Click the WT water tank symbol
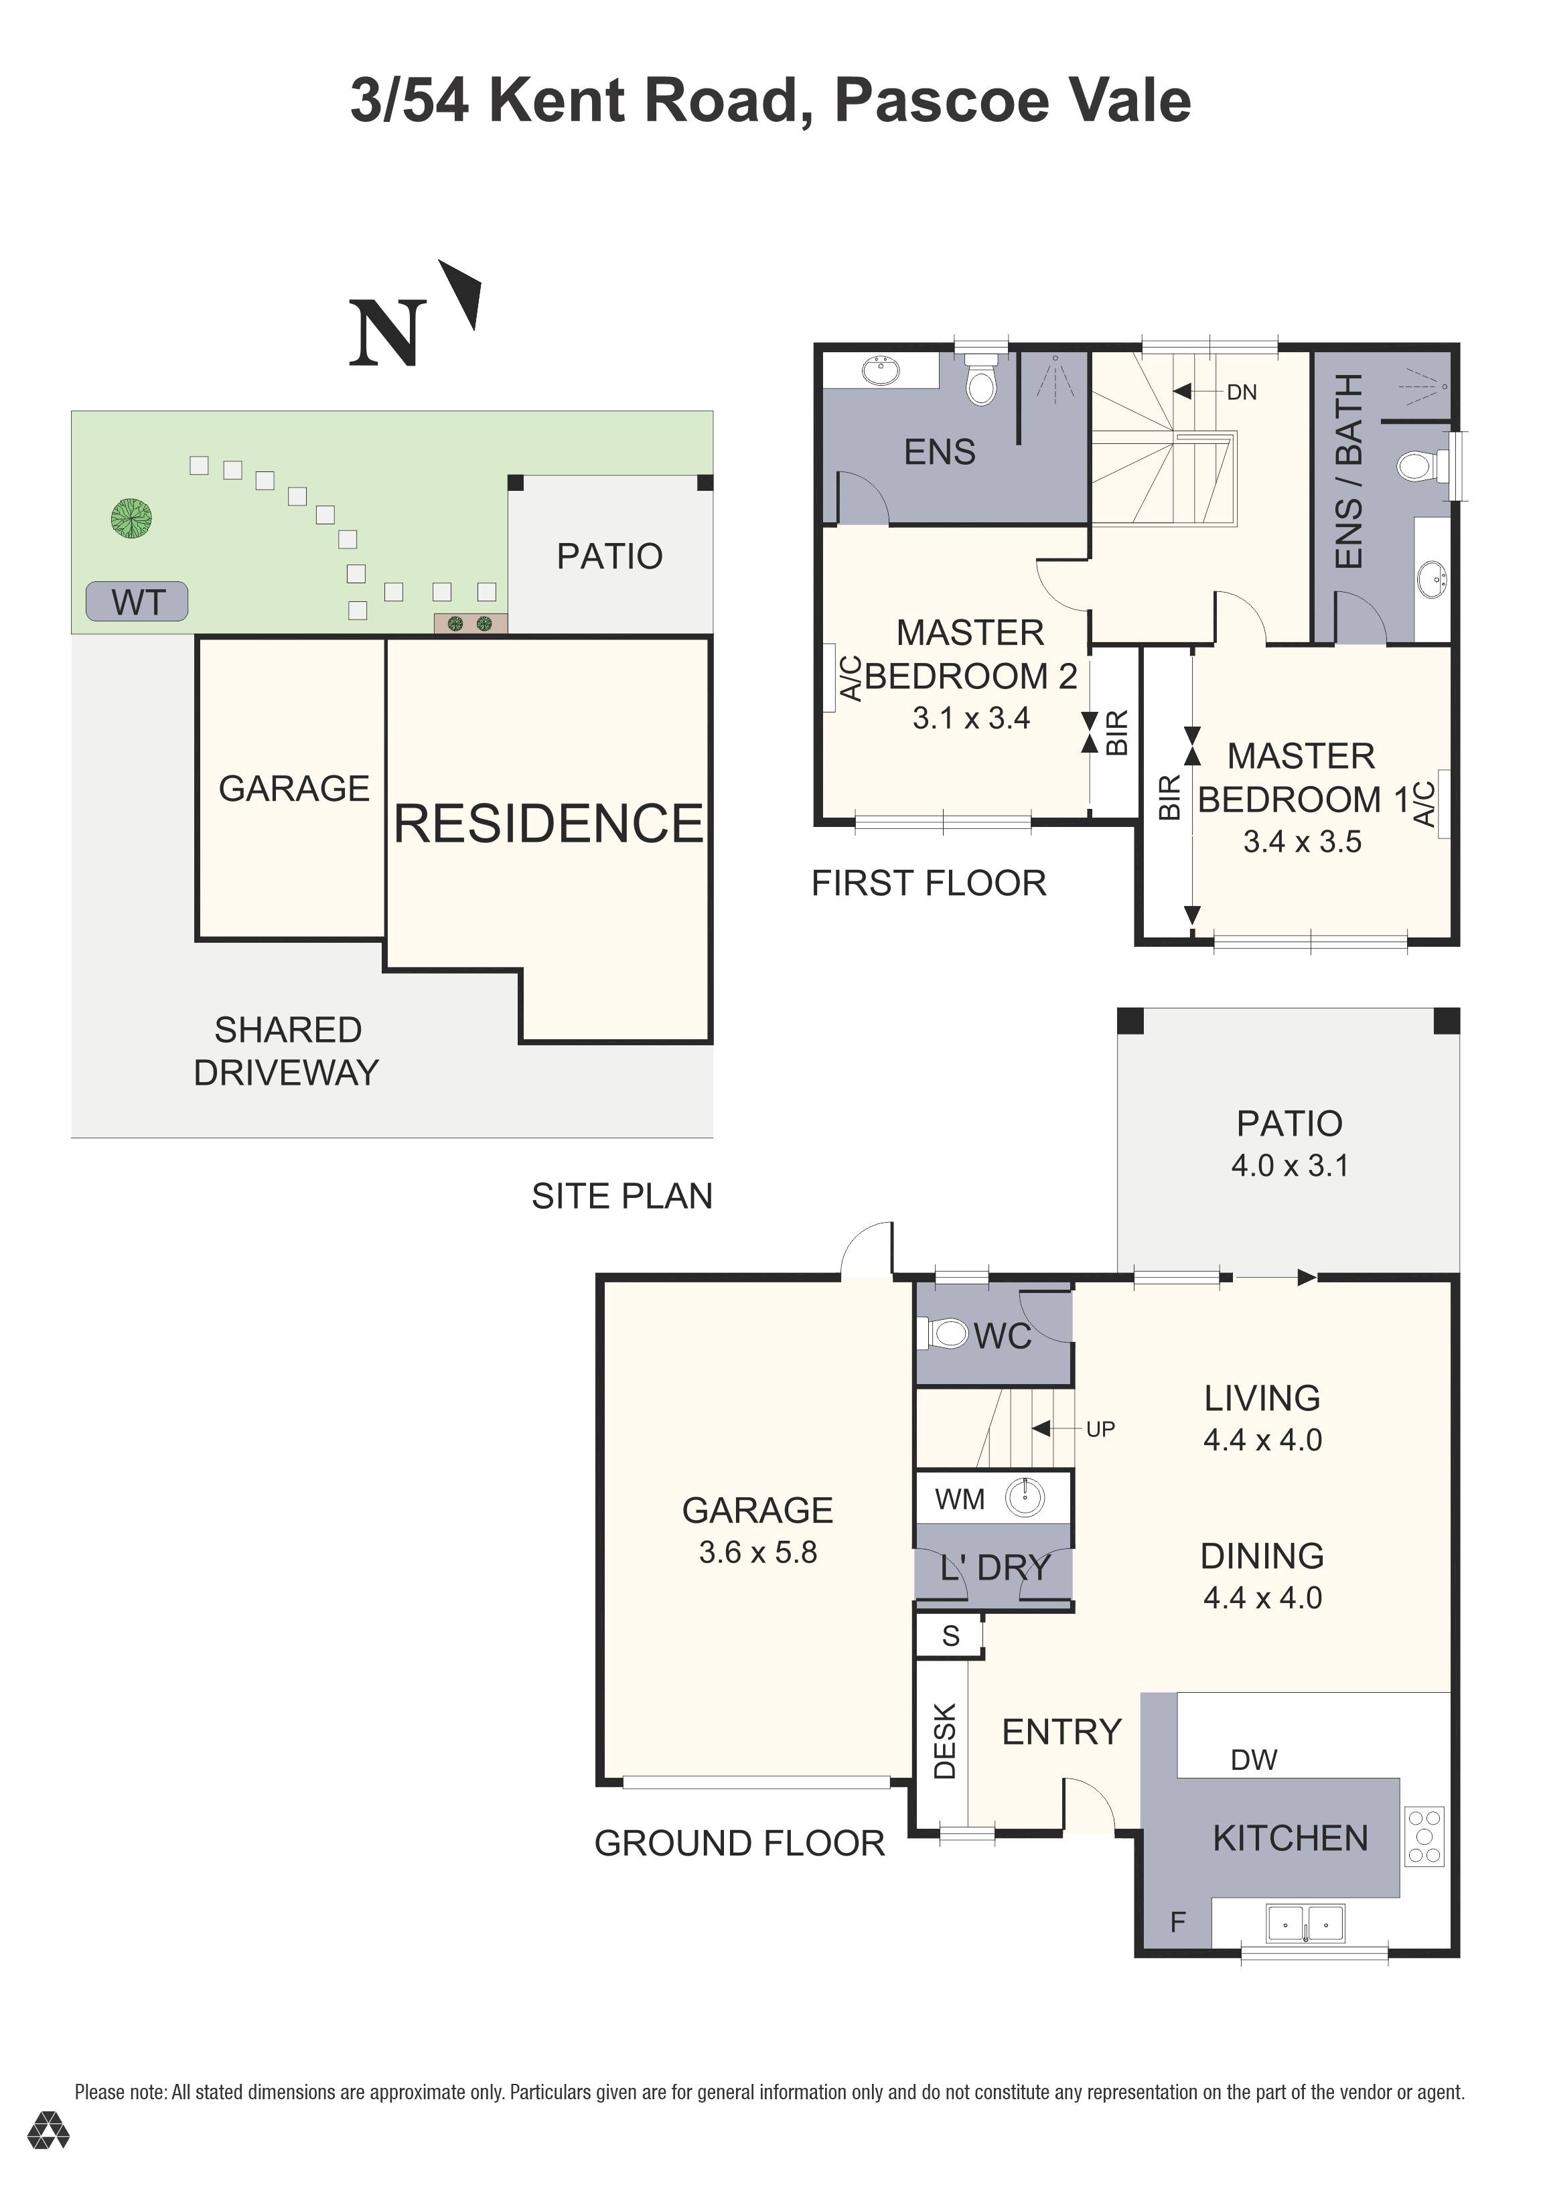137,602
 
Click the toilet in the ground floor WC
946,1333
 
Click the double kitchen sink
1305,1924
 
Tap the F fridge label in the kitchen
1177,1921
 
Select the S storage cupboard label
950,1636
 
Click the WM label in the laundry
959,1499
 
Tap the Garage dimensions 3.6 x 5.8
757,1553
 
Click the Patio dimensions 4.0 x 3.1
1289,1165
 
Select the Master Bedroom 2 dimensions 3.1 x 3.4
970,718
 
